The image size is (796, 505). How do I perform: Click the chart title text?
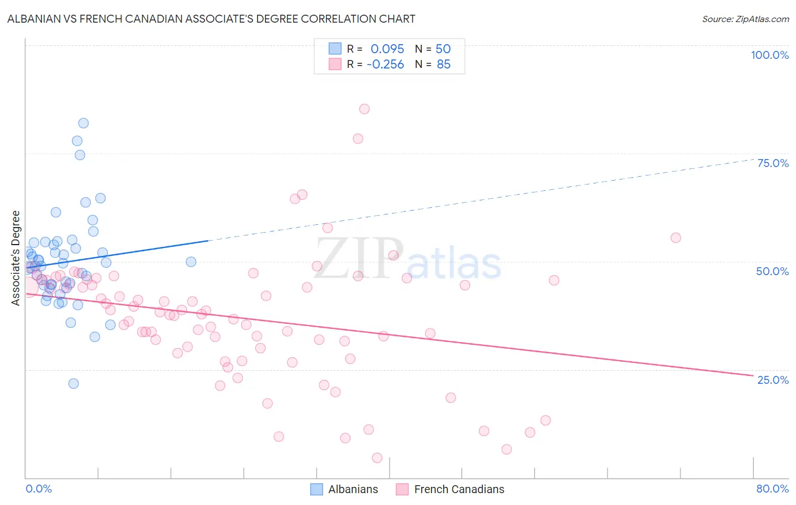tap(211, 19)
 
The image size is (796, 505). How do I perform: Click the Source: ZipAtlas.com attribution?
tap(745, 19)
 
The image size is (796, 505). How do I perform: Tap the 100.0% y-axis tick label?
tap(769, 55)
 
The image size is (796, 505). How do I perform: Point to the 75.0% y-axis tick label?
tap(773, 163)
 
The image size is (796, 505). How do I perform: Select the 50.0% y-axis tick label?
tap(772, 271)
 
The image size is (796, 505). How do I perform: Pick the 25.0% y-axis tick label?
tap(773, 379)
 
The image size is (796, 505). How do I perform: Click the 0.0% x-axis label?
tap(38, 489)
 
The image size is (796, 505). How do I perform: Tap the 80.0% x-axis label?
tap(772, 489)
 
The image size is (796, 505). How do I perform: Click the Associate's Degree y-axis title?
tap(16, 258)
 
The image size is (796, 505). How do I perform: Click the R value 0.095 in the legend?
tap(387, 49)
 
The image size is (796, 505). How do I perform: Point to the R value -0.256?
tap(385, 65)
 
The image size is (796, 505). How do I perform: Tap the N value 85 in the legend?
tap(443, 65)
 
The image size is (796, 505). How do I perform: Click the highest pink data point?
tap(364, 109)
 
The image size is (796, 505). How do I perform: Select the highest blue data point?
tap(83, 123)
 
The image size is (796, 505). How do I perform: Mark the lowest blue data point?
tap(74, 383)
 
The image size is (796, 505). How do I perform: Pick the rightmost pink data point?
tap(675, 238)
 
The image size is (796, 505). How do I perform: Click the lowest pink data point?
tap(377, 457)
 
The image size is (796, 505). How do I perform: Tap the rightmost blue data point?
tap(191, 262)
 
